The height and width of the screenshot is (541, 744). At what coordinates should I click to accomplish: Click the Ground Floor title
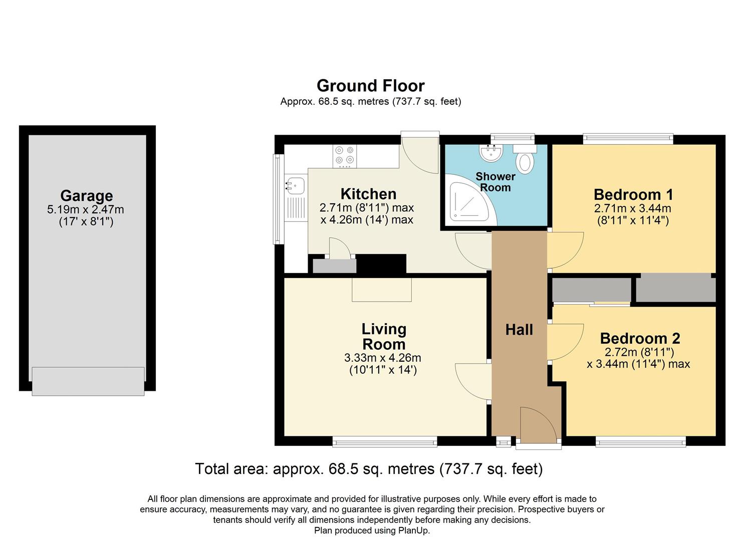coord(370,86)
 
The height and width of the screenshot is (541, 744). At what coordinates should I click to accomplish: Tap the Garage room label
coord(87,195)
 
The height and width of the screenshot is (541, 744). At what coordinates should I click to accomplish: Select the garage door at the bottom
coord(88,381)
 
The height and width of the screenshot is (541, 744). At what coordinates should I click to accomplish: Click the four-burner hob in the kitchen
coord(345,155)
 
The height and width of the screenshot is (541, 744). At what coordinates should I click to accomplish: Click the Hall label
coord(519,330)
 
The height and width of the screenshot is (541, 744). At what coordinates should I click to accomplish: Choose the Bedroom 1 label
coord(633,194)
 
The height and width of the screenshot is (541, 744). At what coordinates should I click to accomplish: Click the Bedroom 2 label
coord(640,339)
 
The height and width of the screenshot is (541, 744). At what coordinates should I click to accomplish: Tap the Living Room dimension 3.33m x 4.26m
coord(382,358)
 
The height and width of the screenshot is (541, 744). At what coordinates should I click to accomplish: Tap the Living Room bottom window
coord(385,441)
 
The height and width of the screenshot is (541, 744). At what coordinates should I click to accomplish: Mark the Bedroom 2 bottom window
coord(640,441)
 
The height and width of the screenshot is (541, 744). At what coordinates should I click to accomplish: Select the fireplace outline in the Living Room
coord(382,290)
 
